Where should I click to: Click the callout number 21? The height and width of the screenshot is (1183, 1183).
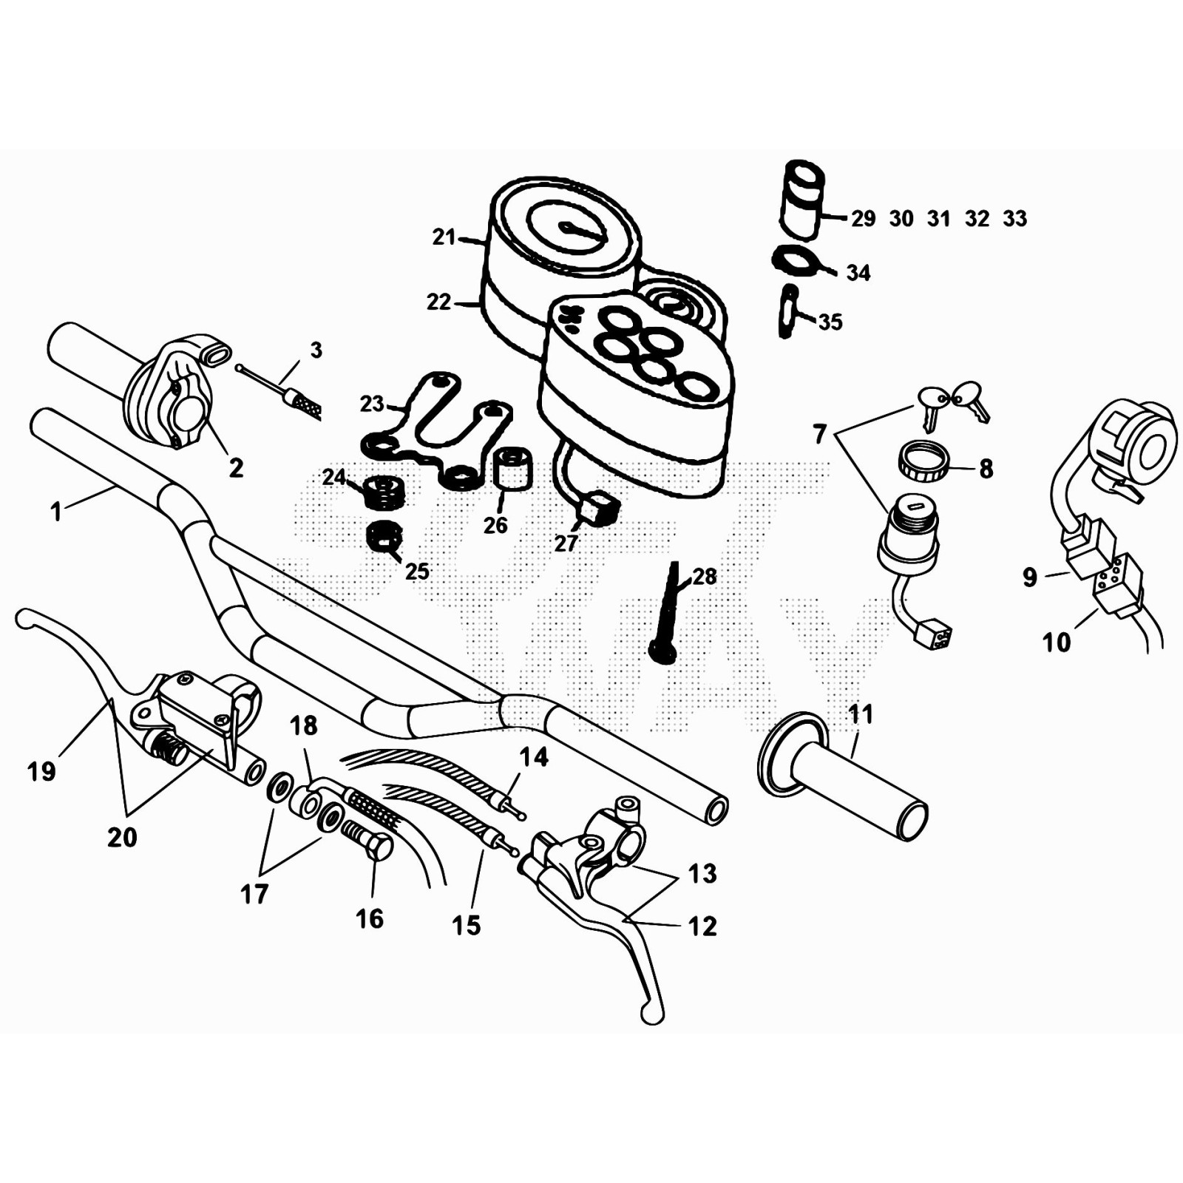coord(444,237)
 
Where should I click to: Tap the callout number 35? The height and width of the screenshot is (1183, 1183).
coord(830,322)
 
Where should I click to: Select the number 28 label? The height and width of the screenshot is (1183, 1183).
coord(705,577)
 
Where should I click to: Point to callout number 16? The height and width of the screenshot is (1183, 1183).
coord(370,919)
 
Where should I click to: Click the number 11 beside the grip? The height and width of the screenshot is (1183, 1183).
coord(861,714)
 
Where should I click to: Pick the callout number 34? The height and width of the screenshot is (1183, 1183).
coord(858,273)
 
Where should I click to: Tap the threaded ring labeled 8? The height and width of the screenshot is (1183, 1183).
coord(921,462)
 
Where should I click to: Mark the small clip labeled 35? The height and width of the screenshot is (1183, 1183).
coord(788,312)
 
